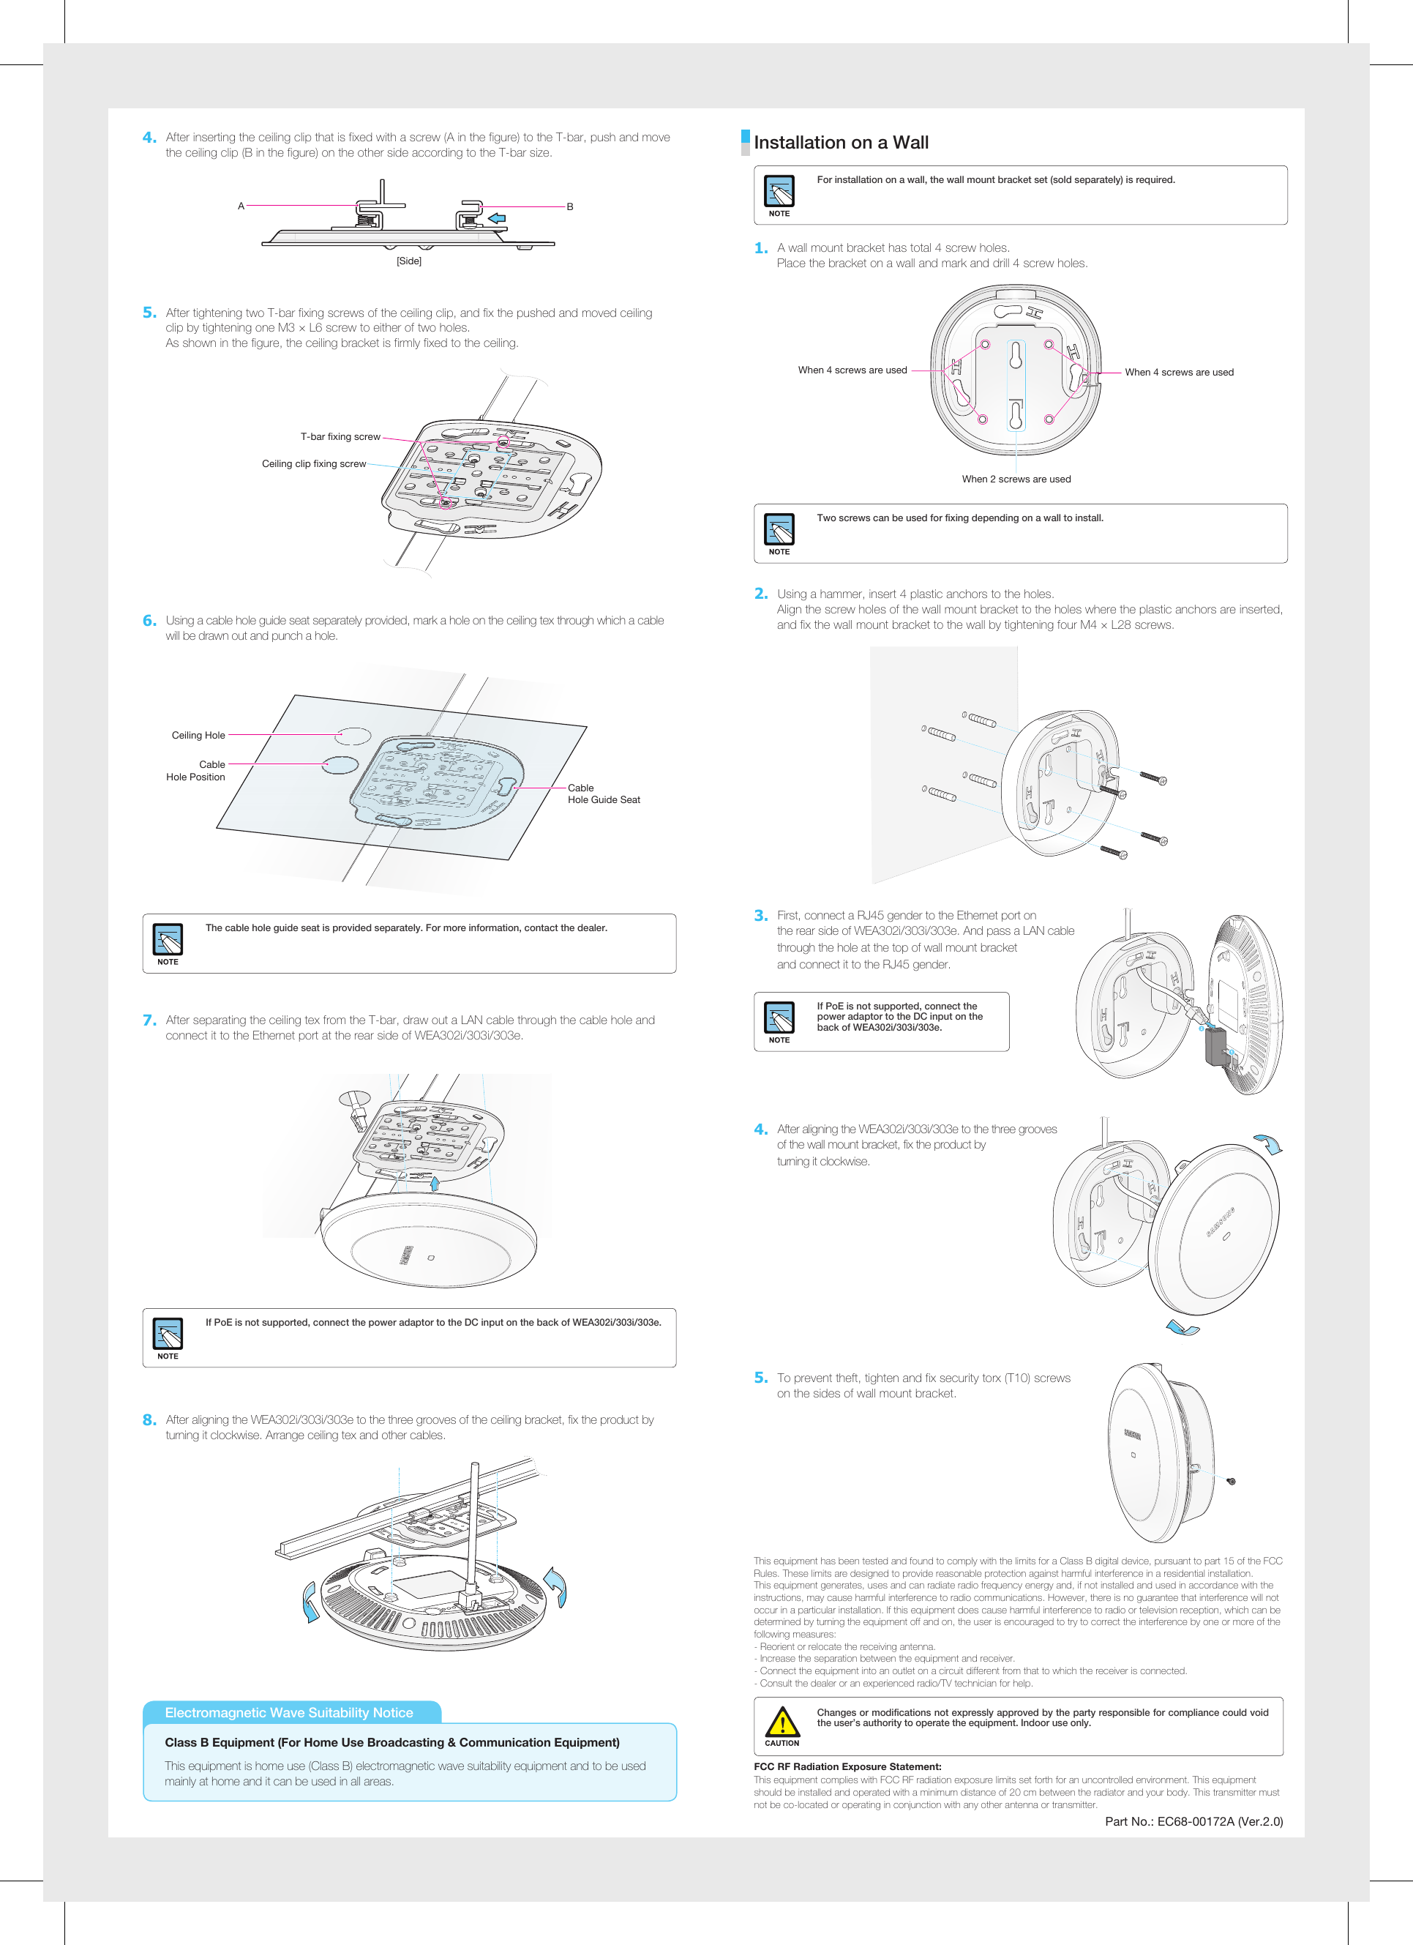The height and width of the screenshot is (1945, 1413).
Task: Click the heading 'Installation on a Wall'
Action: tap(840, 142)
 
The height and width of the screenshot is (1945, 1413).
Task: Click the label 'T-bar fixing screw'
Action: tap(340, 436)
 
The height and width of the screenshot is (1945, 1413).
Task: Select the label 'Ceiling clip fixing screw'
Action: tap(314, 464)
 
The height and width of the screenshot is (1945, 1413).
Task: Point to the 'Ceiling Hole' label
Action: tap(198, 735)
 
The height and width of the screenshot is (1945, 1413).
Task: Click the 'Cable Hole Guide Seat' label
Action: tap(603, 794)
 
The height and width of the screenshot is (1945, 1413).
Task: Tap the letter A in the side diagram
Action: tap(241, 206)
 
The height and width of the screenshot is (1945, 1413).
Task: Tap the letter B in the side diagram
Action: tap(570, 206)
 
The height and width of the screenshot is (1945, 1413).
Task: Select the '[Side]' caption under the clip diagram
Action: tap(409, 261)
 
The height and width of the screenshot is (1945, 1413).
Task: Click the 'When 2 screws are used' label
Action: tap(1016, 479)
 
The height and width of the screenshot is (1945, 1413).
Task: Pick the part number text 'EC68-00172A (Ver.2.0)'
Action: tap(1219, 1821)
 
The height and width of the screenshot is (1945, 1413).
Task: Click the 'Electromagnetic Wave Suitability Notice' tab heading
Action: tap(289, 1713)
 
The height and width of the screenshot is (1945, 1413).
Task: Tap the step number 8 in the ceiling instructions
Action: tap(149, 1420)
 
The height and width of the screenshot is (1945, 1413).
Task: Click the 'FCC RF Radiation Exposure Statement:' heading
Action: tap(847, 1766)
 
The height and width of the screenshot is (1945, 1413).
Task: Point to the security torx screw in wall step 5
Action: tap(1232, 1481)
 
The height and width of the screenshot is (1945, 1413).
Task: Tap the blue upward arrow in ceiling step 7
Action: tap(435, 1184)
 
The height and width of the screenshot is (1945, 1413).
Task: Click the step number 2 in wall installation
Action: tap(760, 594)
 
